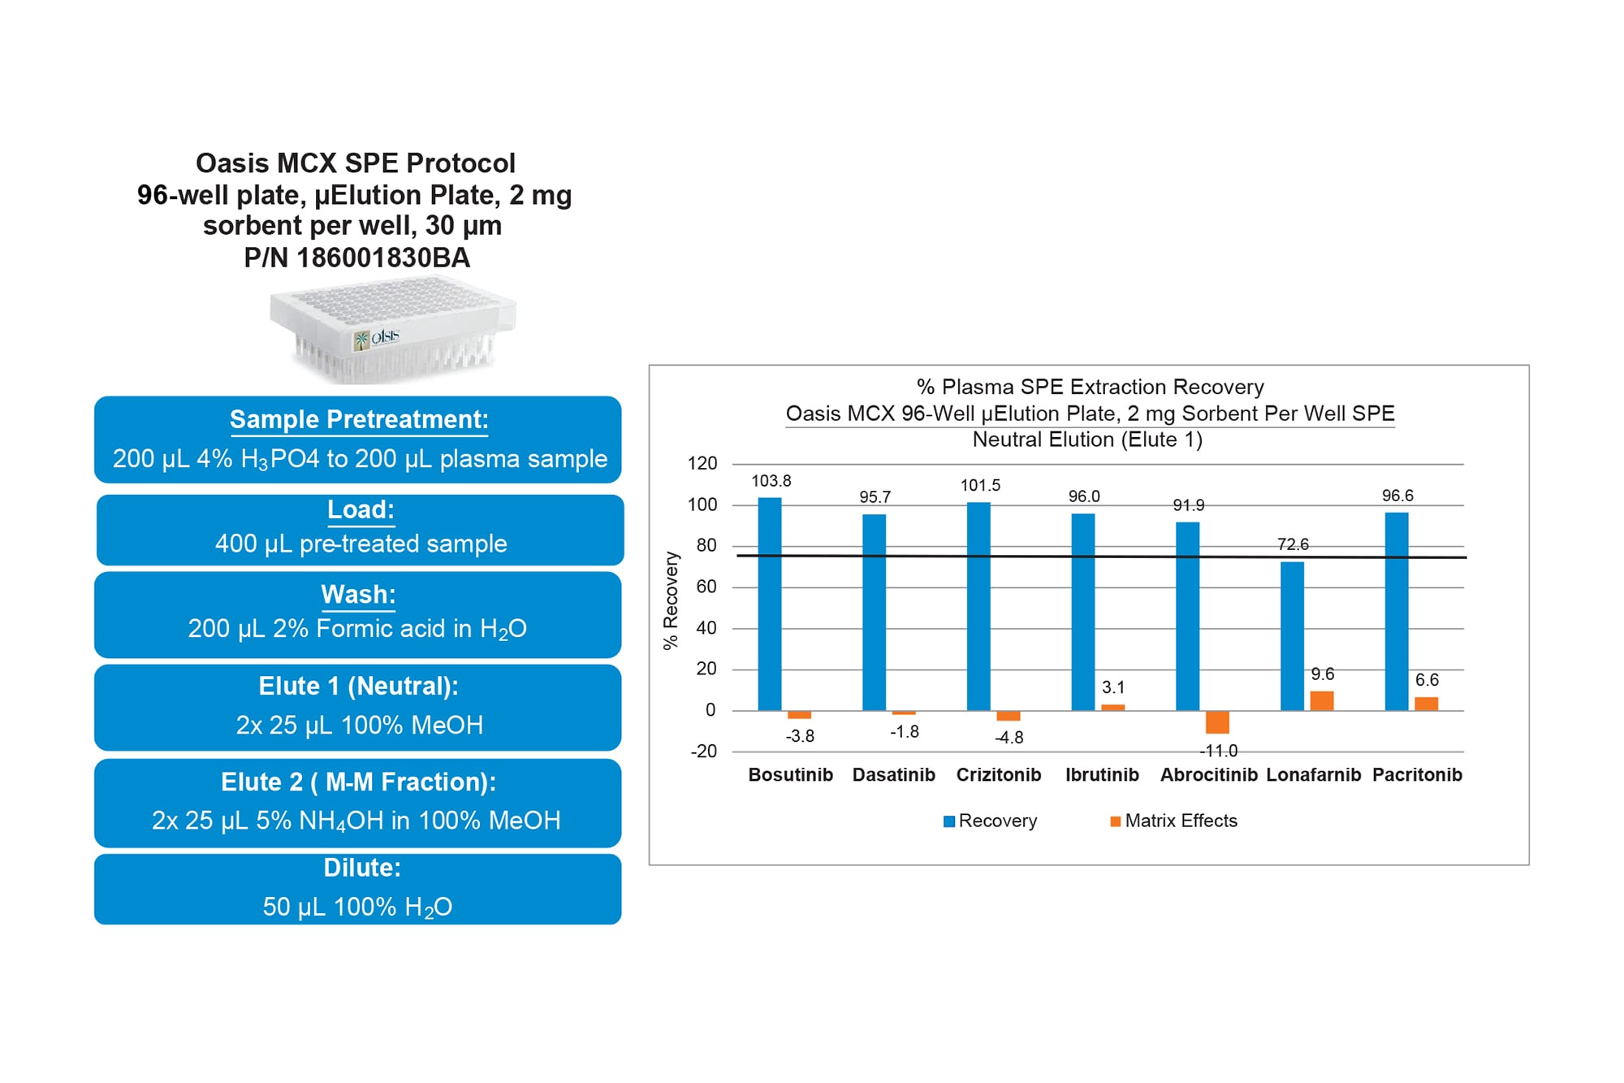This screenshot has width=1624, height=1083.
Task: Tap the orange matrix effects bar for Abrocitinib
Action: (x=1217, y=721)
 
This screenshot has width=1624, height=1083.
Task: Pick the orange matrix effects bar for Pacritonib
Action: (x=1426, y=704)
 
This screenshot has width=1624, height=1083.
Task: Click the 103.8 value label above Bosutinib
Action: (x=771, y=481)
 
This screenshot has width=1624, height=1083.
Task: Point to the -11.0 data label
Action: (x=1218, y=751)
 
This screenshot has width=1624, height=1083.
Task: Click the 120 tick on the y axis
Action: (x=702, y=464)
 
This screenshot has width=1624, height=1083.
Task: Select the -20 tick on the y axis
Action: (x=703, y=752)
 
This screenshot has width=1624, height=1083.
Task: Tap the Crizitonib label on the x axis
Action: (x=998, y=775)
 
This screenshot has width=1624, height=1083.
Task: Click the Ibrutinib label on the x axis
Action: (x=1102, y=775)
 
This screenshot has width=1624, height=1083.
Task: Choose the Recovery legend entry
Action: (x=990, y=821)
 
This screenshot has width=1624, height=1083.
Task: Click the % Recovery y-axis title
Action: (x=671, y=600)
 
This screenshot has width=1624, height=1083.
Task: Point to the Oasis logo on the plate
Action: (x=378, y=337)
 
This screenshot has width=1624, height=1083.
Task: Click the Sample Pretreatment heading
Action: (x=359, y=419)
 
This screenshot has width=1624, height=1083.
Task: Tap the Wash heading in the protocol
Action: (x=358, y=594)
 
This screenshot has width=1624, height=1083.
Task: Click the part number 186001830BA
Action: (x=382, y=258)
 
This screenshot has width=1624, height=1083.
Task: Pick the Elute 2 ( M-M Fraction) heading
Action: (x=358, y=782)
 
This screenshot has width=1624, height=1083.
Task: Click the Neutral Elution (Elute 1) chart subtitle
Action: (x=1087, y=440)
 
